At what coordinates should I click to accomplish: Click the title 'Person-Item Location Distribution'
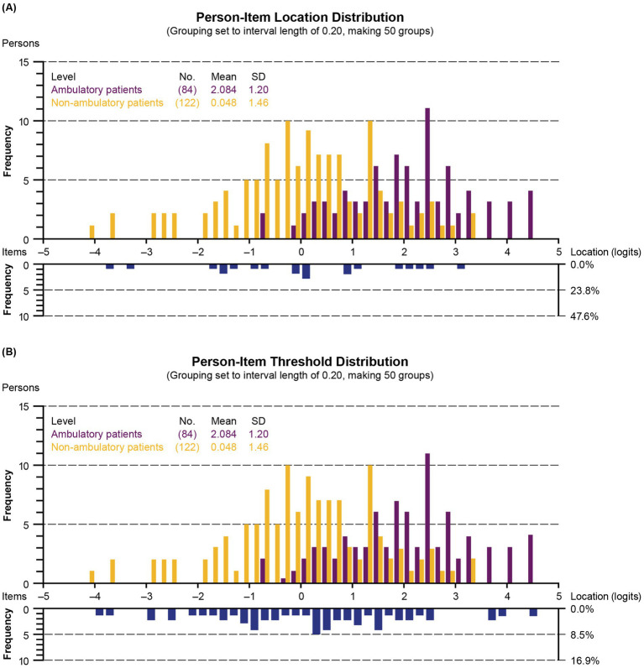click(300, 17)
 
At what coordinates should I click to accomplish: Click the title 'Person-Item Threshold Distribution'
click(300, 361)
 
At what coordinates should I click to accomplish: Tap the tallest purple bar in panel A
click(427, 174)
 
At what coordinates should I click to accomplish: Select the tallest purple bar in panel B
click(427, 518)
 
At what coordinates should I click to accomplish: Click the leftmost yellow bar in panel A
click(92, 232)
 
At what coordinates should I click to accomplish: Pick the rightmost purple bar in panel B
click(531, 559)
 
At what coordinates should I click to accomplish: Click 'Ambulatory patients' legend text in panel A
click(97, 90)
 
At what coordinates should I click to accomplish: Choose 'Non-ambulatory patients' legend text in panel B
click(107, 447)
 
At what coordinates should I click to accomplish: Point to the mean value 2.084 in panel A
click(223, 90)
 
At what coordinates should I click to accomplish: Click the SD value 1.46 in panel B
click(259, 447)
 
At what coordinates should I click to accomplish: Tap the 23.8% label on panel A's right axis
click(584, 291)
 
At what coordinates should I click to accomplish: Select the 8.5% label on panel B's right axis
click(582, 635)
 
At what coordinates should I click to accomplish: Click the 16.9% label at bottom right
click(584, 660)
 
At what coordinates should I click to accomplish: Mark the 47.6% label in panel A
click(584, 316)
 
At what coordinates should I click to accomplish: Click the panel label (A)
click(9, 8)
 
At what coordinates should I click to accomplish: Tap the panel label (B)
click(9, 352)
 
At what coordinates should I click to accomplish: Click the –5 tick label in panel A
click(43, 252)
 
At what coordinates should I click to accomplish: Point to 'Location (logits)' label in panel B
click(605, 597)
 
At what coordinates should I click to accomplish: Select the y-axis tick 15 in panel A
click(24, 62)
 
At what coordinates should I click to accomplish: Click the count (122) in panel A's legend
click(187, 102)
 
